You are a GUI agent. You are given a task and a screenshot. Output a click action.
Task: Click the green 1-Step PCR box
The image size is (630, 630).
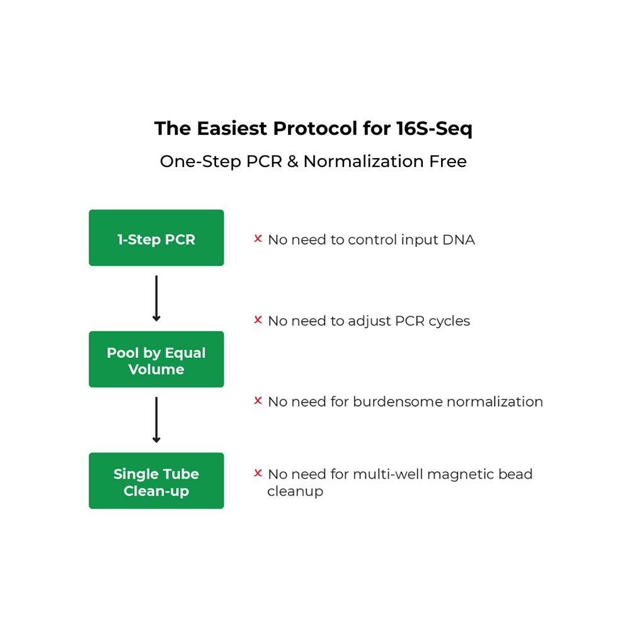pyautogui.click(x=156, y=238)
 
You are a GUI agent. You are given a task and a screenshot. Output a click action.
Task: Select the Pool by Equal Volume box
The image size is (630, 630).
pyautogui.click(x=156, y=359)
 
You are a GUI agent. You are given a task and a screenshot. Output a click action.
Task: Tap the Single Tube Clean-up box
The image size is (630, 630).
pyautogui.click(x=156, y=481)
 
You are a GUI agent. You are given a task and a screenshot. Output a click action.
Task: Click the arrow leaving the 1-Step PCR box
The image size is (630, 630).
pyautogui.click(x=156, y=298)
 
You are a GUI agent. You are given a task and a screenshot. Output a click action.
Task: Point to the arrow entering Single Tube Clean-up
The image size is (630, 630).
pyautogui.click(x=156, y=420)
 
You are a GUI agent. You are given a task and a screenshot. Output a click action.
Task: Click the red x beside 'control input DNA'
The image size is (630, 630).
pyautogui.click(x=258, y=239)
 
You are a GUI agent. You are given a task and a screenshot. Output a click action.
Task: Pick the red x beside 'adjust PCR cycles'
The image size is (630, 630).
pyautogui.click(x=258, y=320)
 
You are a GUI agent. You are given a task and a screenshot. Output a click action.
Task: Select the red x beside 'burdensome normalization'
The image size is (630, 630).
pyautogui.click(x=258, y=401)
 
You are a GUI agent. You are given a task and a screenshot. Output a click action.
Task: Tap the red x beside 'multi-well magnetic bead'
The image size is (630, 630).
pyautogui.click(x=258, y=473)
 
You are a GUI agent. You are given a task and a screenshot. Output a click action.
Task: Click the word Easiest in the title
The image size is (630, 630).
pyautogui.click(x=232, y=129)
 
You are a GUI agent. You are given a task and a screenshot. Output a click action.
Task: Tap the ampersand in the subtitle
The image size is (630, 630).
pyautogui.click(x=292, y=161)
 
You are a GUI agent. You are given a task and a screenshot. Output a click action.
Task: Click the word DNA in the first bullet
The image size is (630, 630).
pyautogui.click(x=459, y=240)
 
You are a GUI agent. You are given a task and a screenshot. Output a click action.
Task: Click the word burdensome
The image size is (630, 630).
pyautogui.click(x=399, y=402)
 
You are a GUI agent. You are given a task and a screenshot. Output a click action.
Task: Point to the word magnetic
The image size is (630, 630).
pyautogui.click(x=457, y=474)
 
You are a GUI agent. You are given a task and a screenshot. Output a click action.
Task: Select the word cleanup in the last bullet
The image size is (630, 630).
pyautogui.click(x=295, y=491)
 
